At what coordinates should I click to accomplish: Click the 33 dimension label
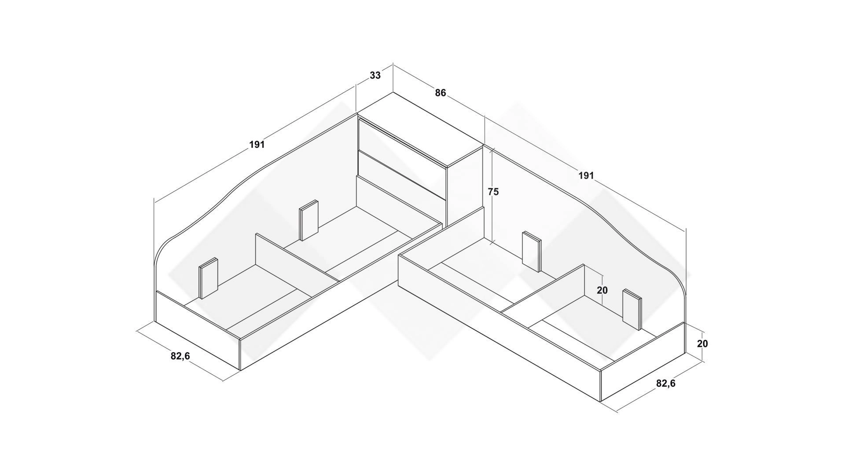pyautogui.click(x=375, y=75)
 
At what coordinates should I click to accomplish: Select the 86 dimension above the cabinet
pyautogui.click(x=440, y=93)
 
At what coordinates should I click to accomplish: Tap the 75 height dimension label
pyautogui.click(x=493, y=192)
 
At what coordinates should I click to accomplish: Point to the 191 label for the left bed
pyautogui.click(x=257, y=144)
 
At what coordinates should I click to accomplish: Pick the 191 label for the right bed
pyautogui.click(x=586, y=175)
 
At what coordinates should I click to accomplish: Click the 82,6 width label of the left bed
pyautogui.click(x=180, y=356)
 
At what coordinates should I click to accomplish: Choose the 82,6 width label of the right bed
pyautogui.click(x=666, y=384)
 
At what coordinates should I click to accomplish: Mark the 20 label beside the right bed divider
pyautogui.click(x=602, y=290)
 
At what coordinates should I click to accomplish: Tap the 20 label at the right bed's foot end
pyautogui.click(x=703, y=343)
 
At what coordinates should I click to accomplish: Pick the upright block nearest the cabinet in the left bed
pyautogui.click(x=309, y=220)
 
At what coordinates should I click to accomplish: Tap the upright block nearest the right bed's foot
pyautogui.click(x=632, y=310)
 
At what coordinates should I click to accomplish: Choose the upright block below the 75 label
pyautogui.click(x=532, y=252)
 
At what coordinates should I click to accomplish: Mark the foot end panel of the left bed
pyautogui.click(x=198, y=330)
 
